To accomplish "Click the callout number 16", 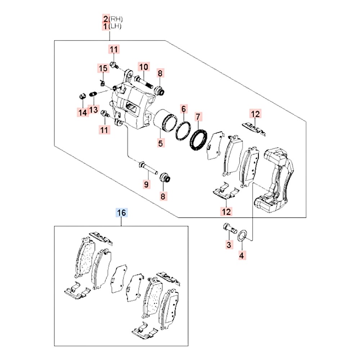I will click(122, 213).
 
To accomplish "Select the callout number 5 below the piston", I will click(160, 143).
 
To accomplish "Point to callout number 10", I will click(144, 67).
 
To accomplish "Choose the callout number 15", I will click(103, 68).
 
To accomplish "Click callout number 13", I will click(94, 109).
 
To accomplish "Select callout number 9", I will click(146, 185).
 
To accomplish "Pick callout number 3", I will click(228, 245).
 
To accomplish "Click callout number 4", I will click(242, 256).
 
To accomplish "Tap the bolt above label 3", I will click(228, 228).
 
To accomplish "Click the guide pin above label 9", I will click(148, 168).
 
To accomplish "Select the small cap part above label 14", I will click(82, 96).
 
